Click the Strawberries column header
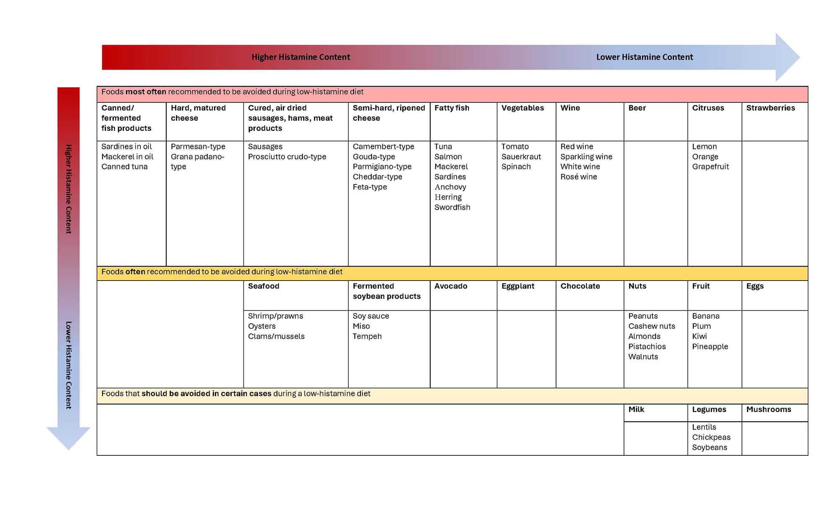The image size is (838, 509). [770, 108]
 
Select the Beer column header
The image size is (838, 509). [637, 108]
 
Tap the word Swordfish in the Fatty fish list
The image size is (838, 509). [452, 207]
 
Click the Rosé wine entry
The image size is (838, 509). [579, 177]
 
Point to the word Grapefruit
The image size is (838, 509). [710, 166]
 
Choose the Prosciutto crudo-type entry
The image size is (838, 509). [287, 156]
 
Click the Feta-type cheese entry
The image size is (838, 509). [370, 187]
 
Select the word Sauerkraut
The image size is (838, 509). [521, 156]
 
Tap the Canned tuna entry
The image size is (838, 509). [124, 166]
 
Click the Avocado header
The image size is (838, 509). [450, 286]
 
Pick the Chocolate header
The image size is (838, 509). [580, 286]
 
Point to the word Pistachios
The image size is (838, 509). [647, 346]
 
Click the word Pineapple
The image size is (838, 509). [710, 346]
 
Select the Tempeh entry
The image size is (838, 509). [367, 336]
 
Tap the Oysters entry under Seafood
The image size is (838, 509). [261, 326]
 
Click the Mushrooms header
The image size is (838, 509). [768, 409]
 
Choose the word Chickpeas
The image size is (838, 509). [711, 437]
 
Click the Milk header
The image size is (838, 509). [636, 409]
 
